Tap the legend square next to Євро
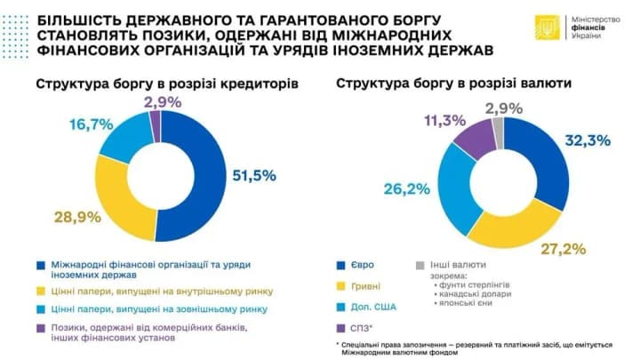pyautogui.click(x=341, y=264)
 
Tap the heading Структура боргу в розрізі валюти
pyautogui.click(x=452, y=84)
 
